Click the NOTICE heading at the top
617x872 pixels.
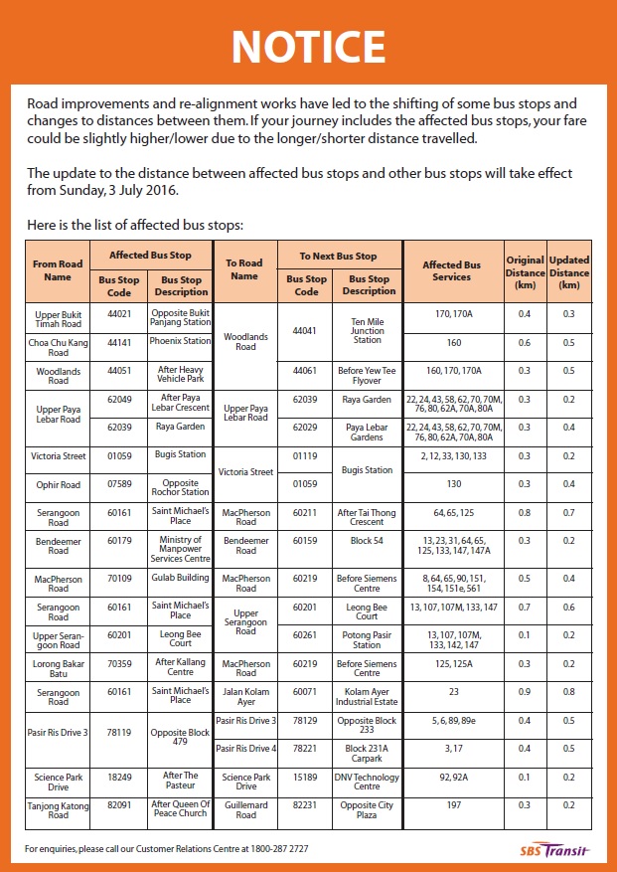tap(308, 47)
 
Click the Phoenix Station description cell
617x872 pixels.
tap(180, 341)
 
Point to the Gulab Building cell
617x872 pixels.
tap(180, 577)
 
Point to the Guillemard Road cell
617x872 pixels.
tap(245, 810)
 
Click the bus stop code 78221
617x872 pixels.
tap(307, 748)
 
